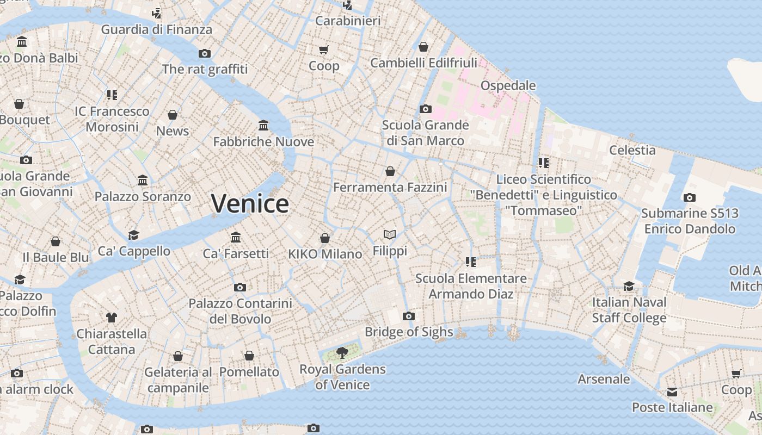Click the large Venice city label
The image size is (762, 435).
[x=250, y=204]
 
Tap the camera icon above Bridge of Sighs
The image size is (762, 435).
[x=408, y=316]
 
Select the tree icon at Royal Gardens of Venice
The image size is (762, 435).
[x=342, y=353]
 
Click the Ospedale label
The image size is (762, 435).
[x=508, y=85]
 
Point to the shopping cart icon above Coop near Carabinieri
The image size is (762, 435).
[x=324, y=50]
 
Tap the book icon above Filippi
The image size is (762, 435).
[x=390, y=234]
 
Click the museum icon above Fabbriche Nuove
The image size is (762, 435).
[x=263, y=126]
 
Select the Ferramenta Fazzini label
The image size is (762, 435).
[x=390, y=188]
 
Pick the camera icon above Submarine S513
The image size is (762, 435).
[x=690, y=197]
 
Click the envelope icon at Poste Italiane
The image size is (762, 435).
[x=672, y=391]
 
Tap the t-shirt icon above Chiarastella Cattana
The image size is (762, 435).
[x=112, y=318]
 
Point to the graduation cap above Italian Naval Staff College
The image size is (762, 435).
[x=629, y=286]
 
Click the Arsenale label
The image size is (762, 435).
[x=604, y=379]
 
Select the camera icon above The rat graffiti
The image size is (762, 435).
[x=205, y=53]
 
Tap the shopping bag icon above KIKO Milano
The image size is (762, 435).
[x=325, y=238]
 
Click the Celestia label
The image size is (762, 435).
[x=632, y=150]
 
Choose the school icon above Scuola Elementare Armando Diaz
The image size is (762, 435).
[x=471, y=262]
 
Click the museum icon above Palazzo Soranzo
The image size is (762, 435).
[x=143, y=180]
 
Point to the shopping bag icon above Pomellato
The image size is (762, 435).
[x=249, y=356]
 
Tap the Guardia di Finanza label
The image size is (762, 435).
[x=156, y=29]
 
